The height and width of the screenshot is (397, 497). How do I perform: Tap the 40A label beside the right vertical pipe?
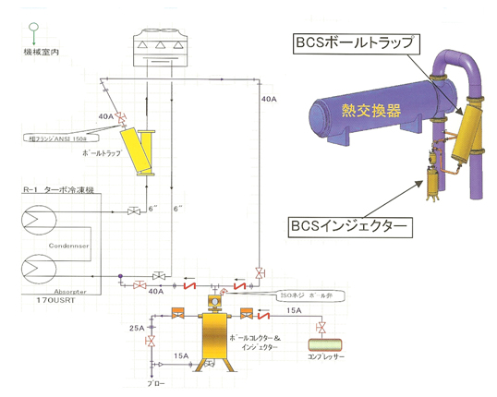click(269, 98)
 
